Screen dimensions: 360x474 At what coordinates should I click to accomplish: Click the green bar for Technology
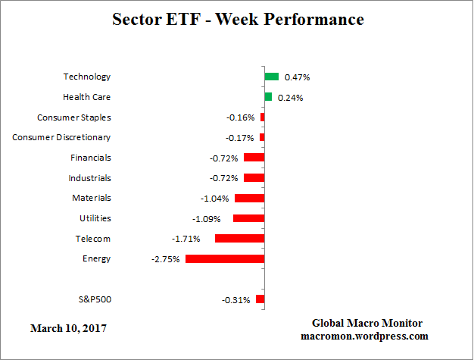coord(272,77)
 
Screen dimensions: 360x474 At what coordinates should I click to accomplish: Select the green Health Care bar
coord(268,97)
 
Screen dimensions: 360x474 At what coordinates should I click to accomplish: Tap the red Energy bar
coord(225,258)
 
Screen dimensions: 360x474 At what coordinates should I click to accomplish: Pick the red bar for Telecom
coord(239,238)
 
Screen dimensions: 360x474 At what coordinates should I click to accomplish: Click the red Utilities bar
coord(248,218)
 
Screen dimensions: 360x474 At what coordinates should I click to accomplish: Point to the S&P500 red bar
coord(260,299)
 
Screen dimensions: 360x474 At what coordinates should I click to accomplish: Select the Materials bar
coord(249,198)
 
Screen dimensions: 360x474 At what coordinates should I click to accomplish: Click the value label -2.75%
coord(166,259)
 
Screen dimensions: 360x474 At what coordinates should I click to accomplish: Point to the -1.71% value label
coord(195,239)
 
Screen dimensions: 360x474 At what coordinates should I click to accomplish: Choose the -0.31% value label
coord(236,300)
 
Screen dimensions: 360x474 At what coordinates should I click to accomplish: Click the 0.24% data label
coord(290,98)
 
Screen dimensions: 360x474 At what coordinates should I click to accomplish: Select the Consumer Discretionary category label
coord(61,137)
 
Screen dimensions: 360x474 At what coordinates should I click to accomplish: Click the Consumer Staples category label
coord(74,117)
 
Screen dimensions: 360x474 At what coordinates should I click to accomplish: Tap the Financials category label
coord(90,158)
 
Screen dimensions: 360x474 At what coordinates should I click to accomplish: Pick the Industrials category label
coord(89,177)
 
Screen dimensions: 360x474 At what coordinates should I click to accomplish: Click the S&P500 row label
coord(95,299)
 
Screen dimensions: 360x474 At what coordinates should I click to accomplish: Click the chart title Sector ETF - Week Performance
coord(237,19)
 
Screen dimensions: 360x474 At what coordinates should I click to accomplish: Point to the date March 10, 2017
coord(68,328)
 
